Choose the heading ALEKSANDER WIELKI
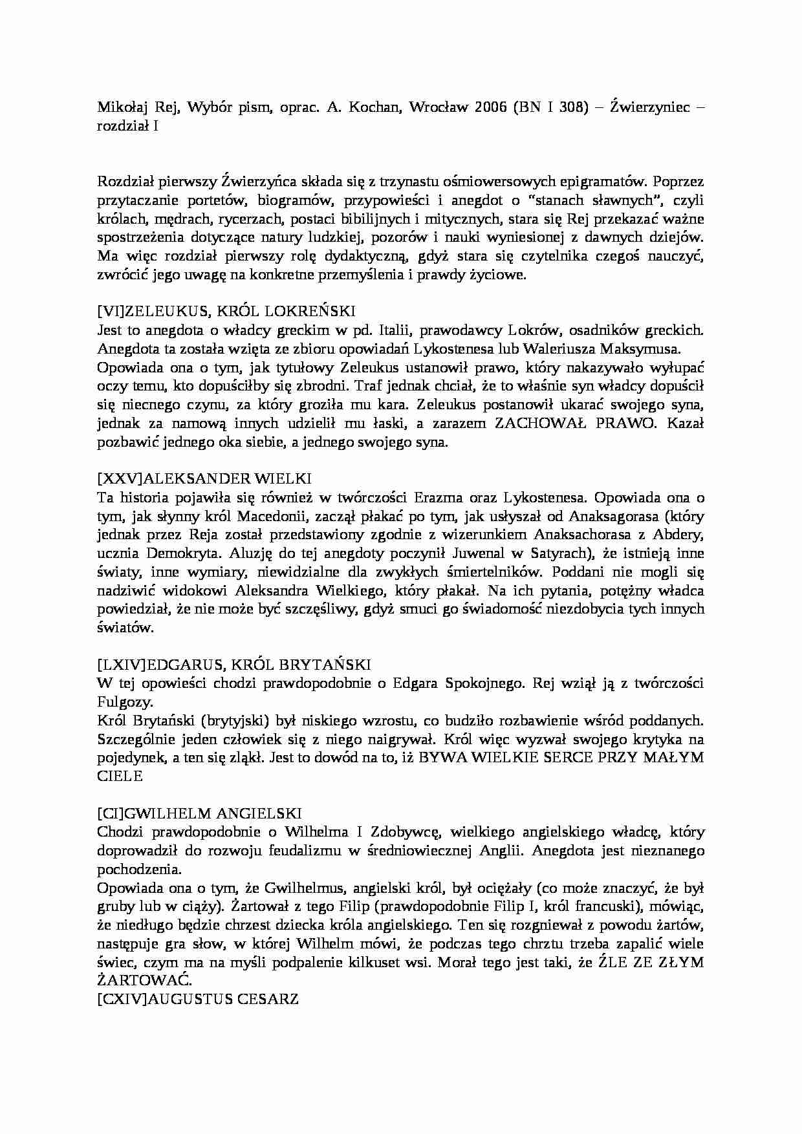227,479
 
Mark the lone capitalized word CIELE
120,776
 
